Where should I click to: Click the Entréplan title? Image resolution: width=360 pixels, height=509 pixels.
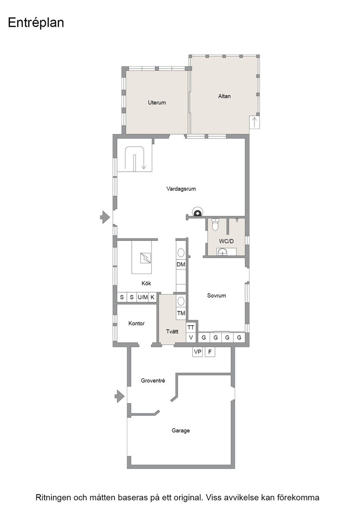(x=36, y=23)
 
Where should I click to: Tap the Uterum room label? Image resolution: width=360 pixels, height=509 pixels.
(x=157, y=103)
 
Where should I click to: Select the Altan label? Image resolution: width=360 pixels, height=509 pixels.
(x=224, y=96)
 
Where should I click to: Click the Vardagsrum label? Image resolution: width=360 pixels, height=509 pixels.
(x=181, y=189)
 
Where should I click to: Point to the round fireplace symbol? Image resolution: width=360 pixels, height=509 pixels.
(x=197, y=212)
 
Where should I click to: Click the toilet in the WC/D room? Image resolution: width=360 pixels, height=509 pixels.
(x=215, y=225)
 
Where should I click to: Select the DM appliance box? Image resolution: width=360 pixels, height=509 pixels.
(x=181, y=264)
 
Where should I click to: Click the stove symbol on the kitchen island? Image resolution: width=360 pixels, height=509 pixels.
(x=145, y=258)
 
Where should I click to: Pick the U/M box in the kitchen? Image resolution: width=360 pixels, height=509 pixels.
(x=143, y=297)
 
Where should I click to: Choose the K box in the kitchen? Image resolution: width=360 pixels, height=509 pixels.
(x=152, y=297)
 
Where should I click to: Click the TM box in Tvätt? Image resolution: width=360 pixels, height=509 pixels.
(x=181, y=313)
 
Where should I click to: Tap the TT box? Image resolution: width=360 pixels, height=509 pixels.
(x=191, y=328)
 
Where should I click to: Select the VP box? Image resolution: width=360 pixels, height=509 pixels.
(x=197, y=352)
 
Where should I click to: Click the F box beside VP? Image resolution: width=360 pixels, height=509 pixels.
(x=210, y=352)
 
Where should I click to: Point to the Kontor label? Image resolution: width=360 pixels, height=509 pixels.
(x=136, y=324)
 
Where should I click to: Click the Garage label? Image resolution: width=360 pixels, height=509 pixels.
(x=180, y=431)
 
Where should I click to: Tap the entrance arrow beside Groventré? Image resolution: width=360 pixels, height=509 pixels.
(x=120, y=396)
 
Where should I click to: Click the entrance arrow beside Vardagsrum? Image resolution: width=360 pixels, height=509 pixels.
(x=105, y=217)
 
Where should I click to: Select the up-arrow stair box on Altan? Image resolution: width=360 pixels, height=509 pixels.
(x=255, y=122)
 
